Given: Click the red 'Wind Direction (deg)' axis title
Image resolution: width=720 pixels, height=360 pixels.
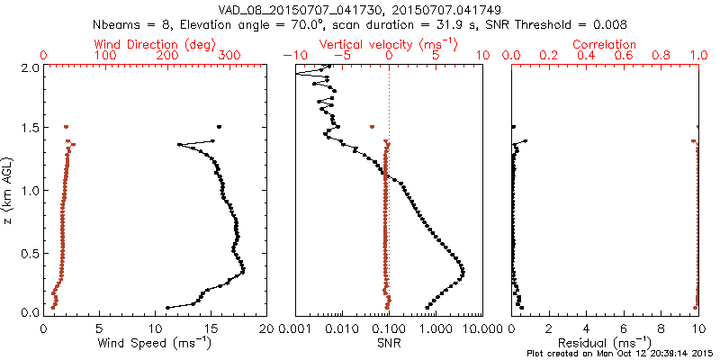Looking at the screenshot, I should tap(156, 44).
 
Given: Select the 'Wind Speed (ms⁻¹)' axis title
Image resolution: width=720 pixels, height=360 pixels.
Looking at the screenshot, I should tap(156, 343).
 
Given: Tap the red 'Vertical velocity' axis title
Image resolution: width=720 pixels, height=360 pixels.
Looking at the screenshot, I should tap(389, 44).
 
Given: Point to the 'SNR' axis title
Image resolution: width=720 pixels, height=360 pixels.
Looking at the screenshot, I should tap(389, 343).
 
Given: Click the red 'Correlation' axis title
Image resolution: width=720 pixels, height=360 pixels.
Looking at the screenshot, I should tap(605, 44).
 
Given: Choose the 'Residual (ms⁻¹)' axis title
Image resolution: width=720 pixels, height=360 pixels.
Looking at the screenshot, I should tap(605, 343).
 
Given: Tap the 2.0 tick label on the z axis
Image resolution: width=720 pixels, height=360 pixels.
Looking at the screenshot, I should tap(31, 67).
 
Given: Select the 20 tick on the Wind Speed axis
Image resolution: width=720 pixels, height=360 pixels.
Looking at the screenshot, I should tap(265, 328).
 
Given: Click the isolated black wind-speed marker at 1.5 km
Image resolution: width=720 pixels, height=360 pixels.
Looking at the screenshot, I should tap(219, 127).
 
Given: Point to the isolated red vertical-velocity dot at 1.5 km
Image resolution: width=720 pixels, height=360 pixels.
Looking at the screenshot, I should tap(371, 127).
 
